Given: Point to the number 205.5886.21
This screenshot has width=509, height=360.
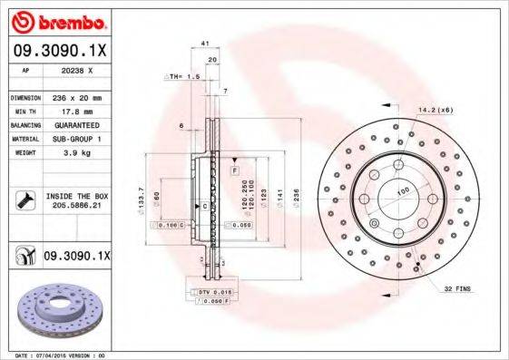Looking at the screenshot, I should pos(77,207).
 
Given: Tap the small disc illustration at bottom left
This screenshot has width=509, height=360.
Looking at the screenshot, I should pos(55,308).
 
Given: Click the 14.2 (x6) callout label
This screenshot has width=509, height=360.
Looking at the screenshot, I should pos(435,109).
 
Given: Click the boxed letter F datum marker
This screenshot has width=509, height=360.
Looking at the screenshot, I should pos(234,170).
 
